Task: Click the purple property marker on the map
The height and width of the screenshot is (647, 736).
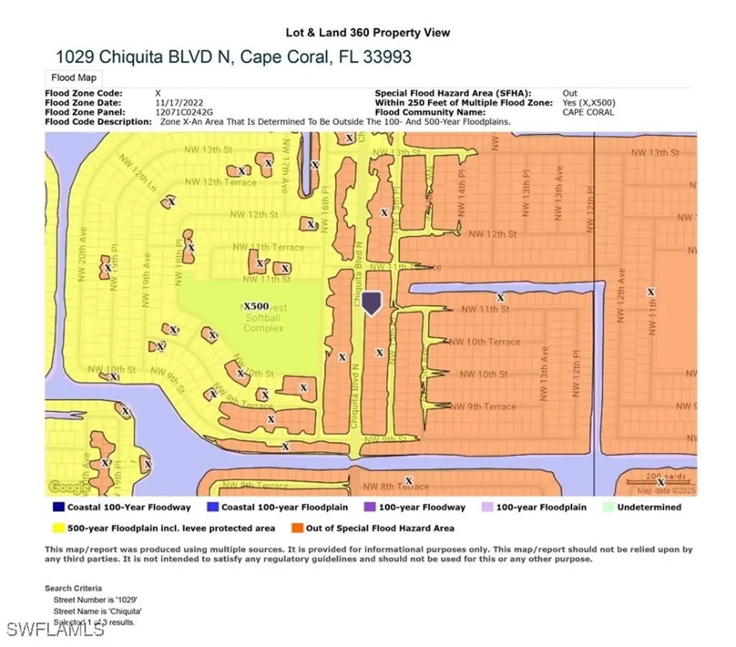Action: click(371, 302)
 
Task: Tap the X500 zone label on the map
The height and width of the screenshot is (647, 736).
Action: click(257, 306)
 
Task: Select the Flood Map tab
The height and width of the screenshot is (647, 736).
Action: click(74, 78)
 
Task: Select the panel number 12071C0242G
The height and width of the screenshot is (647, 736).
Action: click(183, 112)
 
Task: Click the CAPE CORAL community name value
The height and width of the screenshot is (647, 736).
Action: click(588, 112)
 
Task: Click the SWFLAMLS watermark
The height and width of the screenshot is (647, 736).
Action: click(55, 630)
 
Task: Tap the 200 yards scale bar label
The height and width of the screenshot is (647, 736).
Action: click(661, 476)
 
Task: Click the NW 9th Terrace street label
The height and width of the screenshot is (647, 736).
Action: click(482, 406)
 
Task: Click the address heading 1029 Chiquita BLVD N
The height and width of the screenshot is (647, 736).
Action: click(233, 57)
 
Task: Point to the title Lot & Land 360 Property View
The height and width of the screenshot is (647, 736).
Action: click(368, 32)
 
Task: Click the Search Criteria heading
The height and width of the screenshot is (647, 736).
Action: click(73, 588)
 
